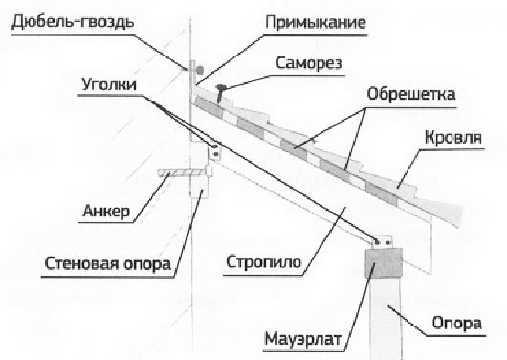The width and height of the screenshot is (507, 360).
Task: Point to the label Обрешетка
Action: coord(408,97)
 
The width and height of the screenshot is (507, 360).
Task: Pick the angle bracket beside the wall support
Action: coord(215,150)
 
